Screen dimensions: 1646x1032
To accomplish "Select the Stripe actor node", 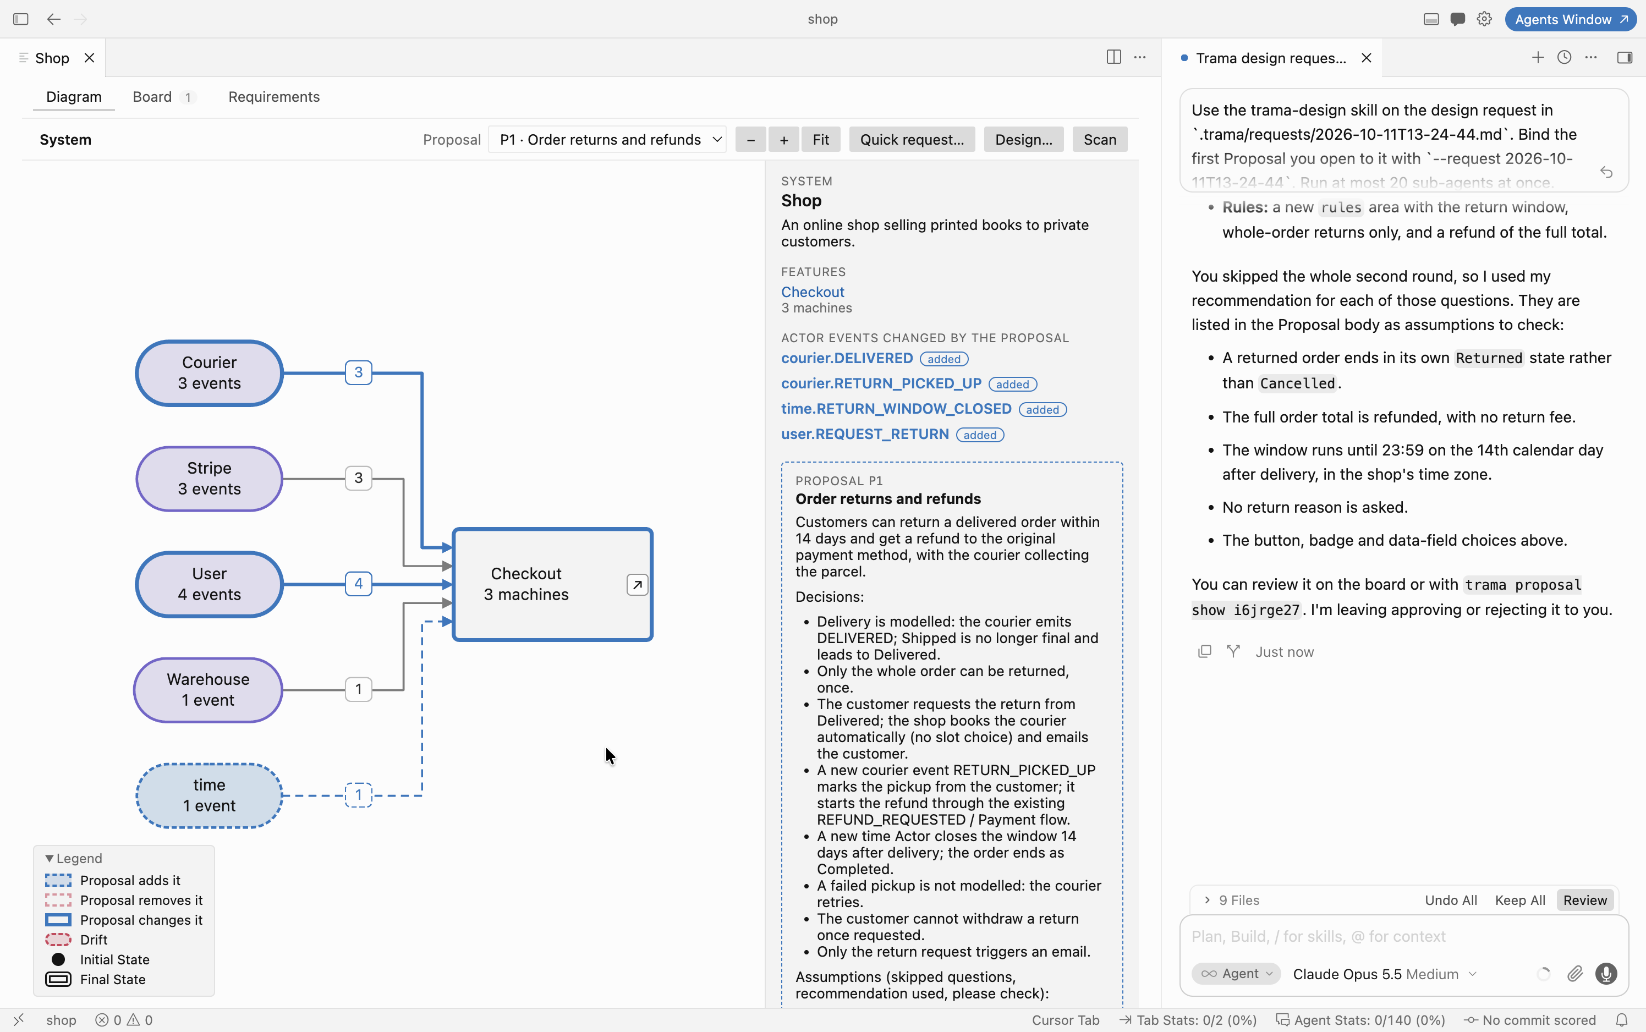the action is point(210,479).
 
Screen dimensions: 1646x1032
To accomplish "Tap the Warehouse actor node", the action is point(208,690).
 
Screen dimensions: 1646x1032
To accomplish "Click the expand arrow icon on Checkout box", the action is point(637,585).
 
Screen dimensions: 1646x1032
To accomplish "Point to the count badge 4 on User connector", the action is point(358,584).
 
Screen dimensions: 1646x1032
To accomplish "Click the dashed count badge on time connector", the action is point(358,795).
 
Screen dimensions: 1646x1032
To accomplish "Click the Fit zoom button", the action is point(821,140).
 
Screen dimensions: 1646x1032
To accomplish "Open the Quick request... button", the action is point(912,140).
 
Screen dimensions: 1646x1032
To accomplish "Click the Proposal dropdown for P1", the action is point(607,140).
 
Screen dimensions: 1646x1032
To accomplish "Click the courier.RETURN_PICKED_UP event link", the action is point(881,383).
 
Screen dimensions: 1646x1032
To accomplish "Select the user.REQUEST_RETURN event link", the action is point(865,434).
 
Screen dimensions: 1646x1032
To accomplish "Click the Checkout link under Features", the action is point(813,292).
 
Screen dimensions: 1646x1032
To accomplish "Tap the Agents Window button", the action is point(1570,19).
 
